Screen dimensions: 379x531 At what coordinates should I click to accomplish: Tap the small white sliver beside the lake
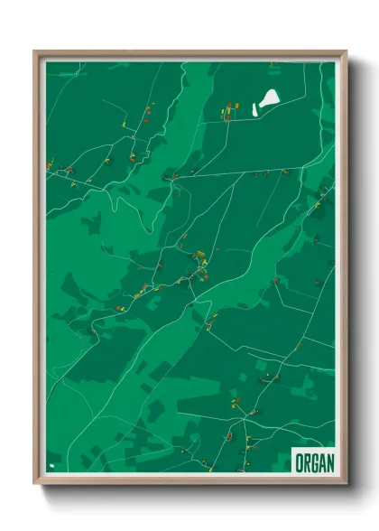tap(255, 111)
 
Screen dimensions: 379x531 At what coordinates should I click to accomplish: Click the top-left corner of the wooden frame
tap(35, 51)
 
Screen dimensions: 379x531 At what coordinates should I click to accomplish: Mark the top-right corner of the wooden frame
tap(346, 51)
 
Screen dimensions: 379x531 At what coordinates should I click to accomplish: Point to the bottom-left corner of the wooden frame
tap(35, 485)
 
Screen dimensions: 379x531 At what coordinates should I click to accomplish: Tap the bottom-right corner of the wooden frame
tap(346, 485)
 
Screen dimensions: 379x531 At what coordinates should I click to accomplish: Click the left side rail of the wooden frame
tap(37, 271)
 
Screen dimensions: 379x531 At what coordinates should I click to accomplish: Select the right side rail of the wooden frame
tap(344, 271)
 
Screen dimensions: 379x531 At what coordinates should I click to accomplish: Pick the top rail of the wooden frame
tap(189, 53)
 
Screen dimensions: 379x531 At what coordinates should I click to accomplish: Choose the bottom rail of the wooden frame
tap(189, 483)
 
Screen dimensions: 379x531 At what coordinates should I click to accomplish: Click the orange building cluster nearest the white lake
tap(228, 111)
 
